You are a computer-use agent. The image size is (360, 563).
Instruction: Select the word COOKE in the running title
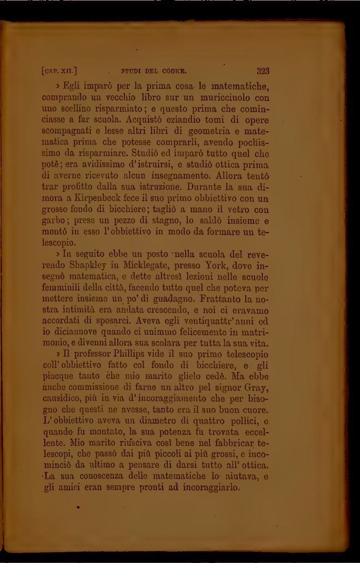[x=173, y=71]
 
